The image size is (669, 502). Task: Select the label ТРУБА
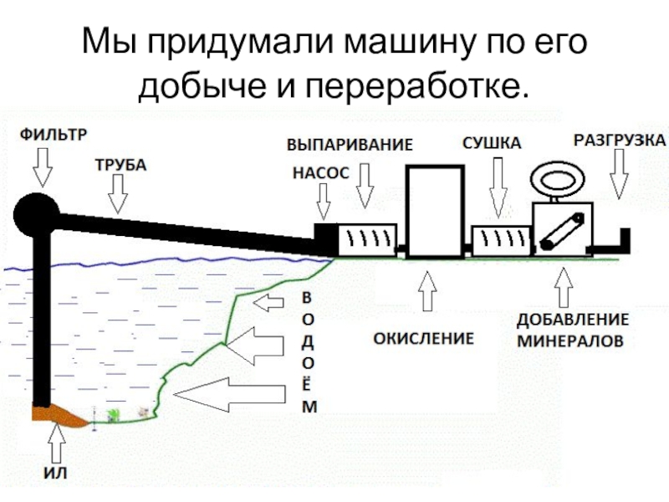[x=118, y=166]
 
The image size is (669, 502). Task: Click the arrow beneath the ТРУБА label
[x=119, y=196]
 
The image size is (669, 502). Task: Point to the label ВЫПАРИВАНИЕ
[x=350, y=144]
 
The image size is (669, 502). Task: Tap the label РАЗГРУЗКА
[x=619, y=139]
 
